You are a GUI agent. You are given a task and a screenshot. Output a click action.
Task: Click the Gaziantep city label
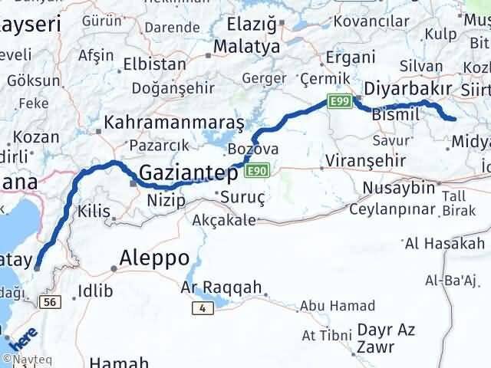click(x=188, y=173)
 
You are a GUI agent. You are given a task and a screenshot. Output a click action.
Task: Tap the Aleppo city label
click(x=156, y=258)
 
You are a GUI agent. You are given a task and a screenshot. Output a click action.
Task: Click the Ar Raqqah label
click(x=219, y=288)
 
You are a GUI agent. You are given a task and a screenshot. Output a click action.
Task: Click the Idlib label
click(x=96, y=291)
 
